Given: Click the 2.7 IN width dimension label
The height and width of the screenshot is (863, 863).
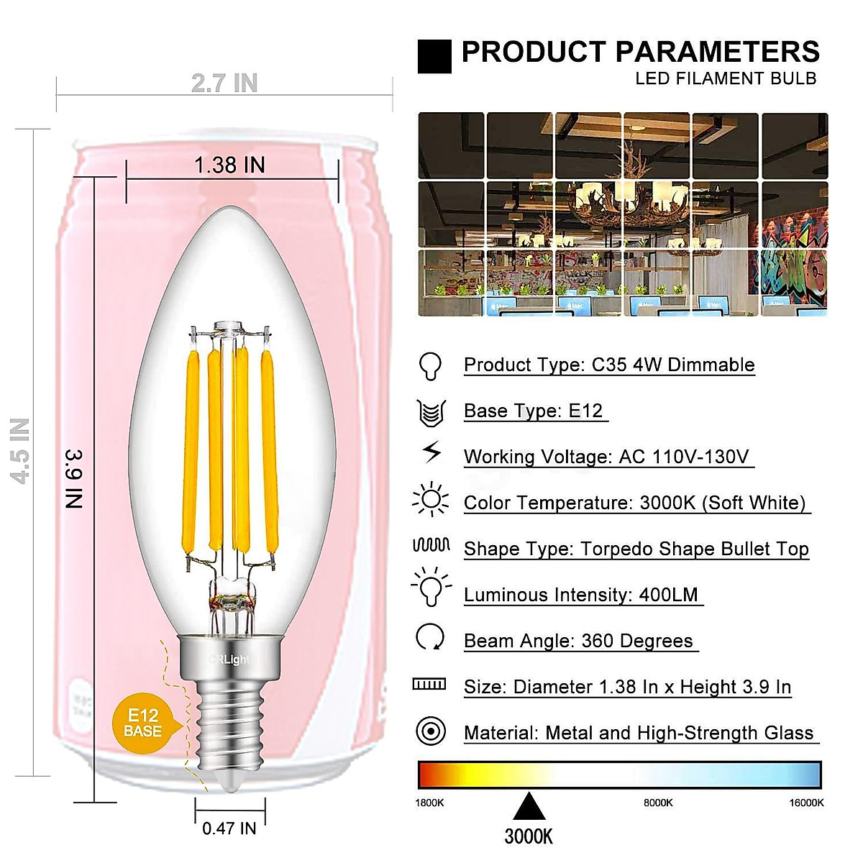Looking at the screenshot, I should point(224,83).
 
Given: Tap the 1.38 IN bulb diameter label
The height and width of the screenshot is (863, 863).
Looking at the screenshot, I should point(229,165).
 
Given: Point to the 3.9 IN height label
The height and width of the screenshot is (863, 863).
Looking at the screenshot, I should point(75,479).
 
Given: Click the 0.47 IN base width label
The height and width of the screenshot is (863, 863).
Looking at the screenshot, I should point(229,828).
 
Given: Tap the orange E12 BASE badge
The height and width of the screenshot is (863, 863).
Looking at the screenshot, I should point(142,723).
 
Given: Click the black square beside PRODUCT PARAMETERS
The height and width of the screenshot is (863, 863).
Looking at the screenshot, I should point(434,57).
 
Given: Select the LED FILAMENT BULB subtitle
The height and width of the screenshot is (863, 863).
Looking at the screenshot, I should point(726,78).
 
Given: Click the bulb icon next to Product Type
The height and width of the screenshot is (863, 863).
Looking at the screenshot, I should point(430,365).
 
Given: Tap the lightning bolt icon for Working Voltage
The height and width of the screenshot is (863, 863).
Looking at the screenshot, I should point(431,452).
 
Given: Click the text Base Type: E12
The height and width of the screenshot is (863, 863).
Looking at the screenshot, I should point(533,411).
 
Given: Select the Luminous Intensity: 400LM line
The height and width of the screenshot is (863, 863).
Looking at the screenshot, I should point(580,595).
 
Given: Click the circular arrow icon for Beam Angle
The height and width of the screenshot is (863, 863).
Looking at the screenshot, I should point(430,637).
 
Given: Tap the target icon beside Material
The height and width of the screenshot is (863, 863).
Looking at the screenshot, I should point(431,731).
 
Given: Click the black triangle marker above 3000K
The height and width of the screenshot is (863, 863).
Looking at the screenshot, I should point(529,807).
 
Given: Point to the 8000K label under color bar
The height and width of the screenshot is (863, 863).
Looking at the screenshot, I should point(658,803).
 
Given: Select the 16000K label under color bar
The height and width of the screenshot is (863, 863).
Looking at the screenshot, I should point(806,803).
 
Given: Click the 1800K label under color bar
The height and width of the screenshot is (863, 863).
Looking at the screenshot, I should point(430,803).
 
